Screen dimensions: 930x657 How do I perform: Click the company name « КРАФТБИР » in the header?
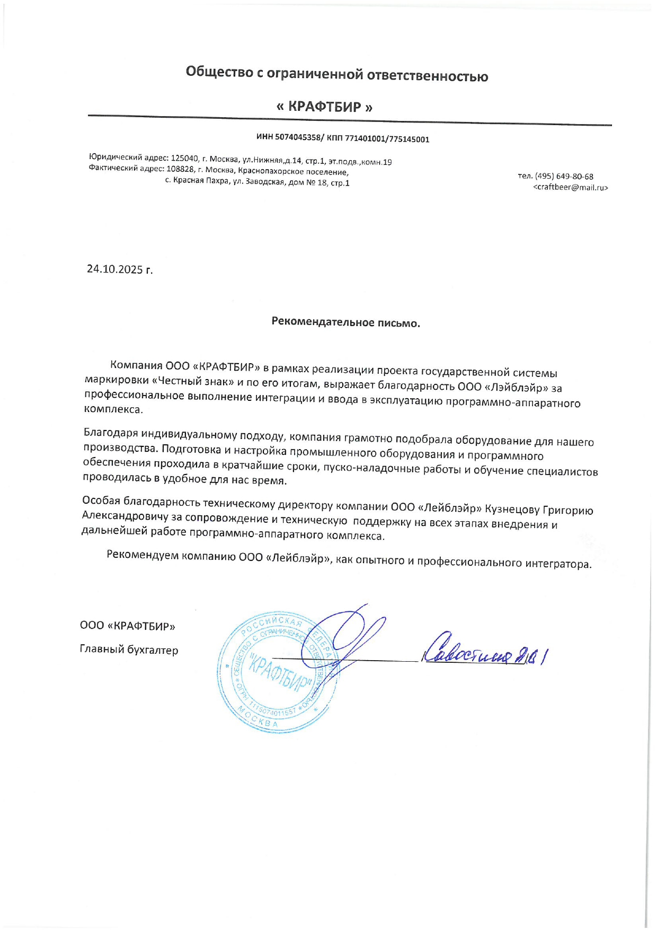point(324,107)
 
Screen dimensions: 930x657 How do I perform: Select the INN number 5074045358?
point(297,137)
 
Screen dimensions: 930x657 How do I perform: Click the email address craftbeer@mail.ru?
point(570,187)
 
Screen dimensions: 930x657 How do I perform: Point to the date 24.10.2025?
point(115,269)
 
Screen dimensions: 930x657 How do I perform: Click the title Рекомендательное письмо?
point(345,322)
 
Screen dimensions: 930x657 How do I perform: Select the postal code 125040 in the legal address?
point(184,158)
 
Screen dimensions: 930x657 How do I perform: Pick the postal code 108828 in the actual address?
point(181,169)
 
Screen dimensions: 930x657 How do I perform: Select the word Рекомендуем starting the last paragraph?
point(143,555)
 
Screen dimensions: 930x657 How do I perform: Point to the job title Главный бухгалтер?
point(129,650)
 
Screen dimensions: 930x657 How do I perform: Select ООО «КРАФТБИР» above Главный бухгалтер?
point(127,626)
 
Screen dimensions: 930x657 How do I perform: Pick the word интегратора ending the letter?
point(558,564)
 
